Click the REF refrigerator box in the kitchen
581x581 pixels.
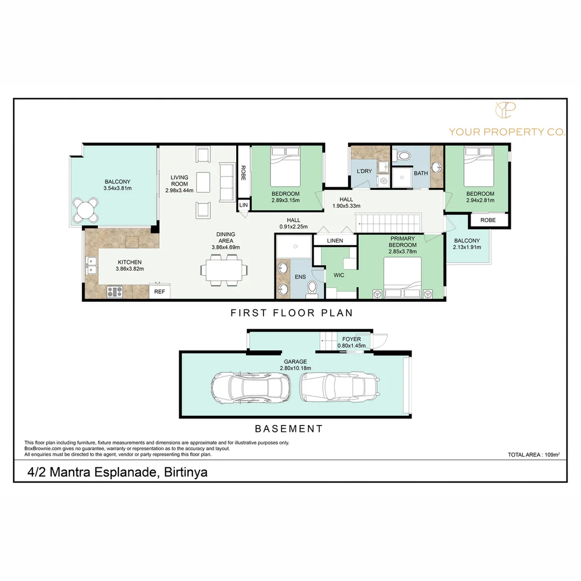160,291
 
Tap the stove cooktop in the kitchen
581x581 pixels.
115,292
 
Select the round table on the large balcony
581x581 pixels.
86,210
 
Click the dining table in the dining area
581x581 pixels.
224,270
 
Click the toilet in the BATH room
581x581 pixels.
402,155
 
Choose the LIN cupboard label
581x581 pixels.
244,205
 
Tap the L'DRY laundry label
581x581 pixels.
364,171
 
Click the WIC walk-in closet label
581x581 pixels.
339,275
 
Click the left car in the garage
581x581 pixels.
251,387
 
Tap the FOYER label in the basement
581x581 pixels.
351,339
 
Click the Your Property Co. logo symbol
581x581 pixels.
506,110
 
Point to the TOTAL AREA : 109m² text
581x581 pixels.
534,455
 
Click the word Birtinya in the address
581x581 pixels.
186,472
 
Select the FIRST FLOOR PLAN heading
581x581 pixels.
292,313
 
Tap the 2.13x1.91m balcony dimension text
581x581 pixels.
467,247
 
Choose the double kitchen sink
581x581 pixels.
91,265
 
